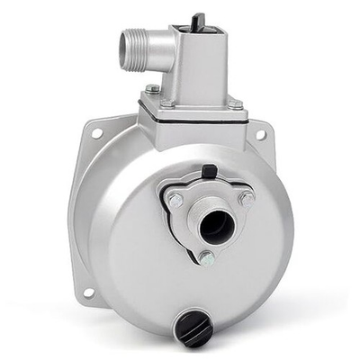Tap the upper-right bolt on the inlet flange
246,196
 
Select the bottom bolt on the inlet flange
206,258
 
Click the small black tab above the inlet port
209,170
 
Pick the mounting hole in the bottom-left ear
88,292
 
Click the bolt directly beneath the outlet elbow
154,89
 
